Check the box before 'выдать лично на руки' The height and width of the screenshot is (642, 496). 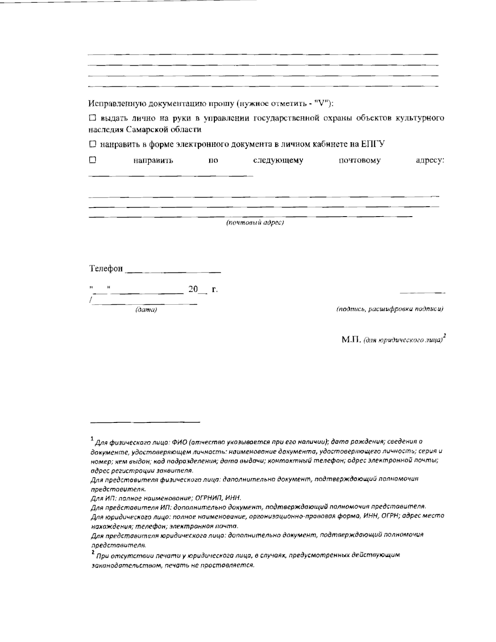(x=92, y=118)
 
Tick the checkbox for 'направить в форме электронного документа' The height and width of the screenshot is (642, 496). (x=92, y=144)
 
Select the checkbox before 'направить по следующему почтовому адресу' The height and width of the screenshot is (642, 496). (x=92, y=160)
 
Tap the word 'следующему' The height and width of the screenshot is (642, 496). (x=278, y=160)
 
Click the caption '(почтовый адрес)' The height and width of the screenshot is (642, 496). (x=255, y=223)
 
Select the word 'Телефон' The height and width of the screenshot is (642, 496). (x=106, y=269)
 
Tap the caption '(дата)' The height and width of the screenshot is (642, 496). (x=146, y=310)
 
